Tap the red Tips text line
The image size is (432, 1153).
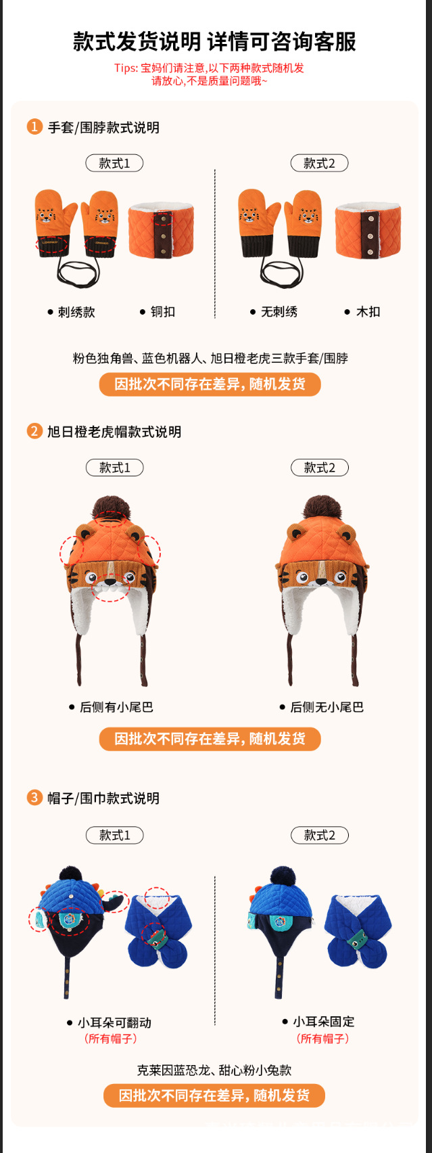[209, 68]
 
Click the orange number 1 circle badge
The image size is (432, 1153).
[34, 127]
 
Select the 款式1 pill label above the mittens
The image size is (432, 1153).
[114, 163]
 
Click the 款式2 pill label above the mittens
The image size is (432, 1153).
[319, 163]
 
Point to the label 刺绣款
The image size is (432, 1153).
[76, 312]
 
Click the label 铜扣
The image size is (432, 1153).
[162, 312]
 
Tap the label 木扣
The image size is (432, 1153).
[368, 312]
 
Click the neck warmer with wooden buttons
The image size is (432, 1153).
[368, 230]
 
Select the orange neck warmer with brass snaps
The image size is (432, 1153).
[161, 230]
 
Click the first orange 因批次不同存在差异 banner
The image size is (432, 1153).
[210, 384]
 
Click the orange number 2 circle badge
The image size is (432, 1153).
[34, 431]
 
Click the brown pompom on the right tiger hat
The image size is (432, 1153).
[322, 509]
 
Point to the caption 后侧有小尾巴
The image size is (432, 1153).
[116, 707]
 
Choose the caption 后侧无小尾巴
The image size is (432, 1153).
[327, 707]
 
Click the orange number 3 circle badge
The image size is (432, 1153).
[34, 798]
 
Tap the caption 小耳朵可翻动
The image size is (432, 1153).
[114, 1022]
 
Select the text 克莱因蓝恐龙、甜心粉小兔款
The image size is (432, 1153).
[214, 1070]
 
